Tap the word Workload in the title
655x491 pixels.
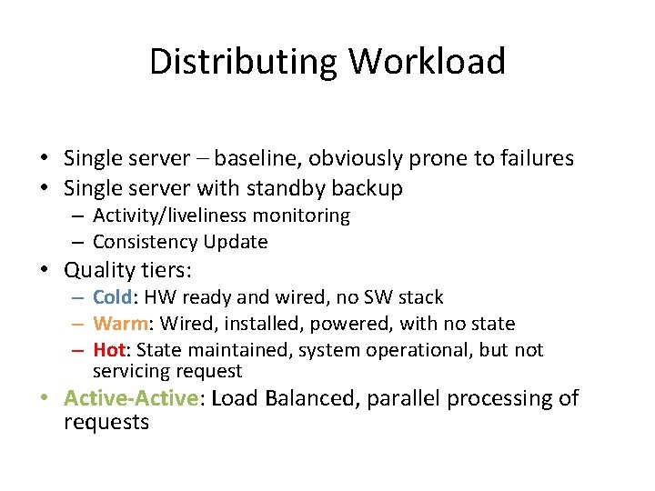(x=427, y=62)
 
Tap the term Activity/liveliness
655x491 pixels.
(x=169, y=215)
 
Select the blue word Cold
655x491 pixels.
(x=113, y=297)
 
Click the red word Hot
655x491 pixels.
(x=109, y=350)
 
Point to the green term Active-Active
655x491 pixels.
(x=131, y=398)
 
